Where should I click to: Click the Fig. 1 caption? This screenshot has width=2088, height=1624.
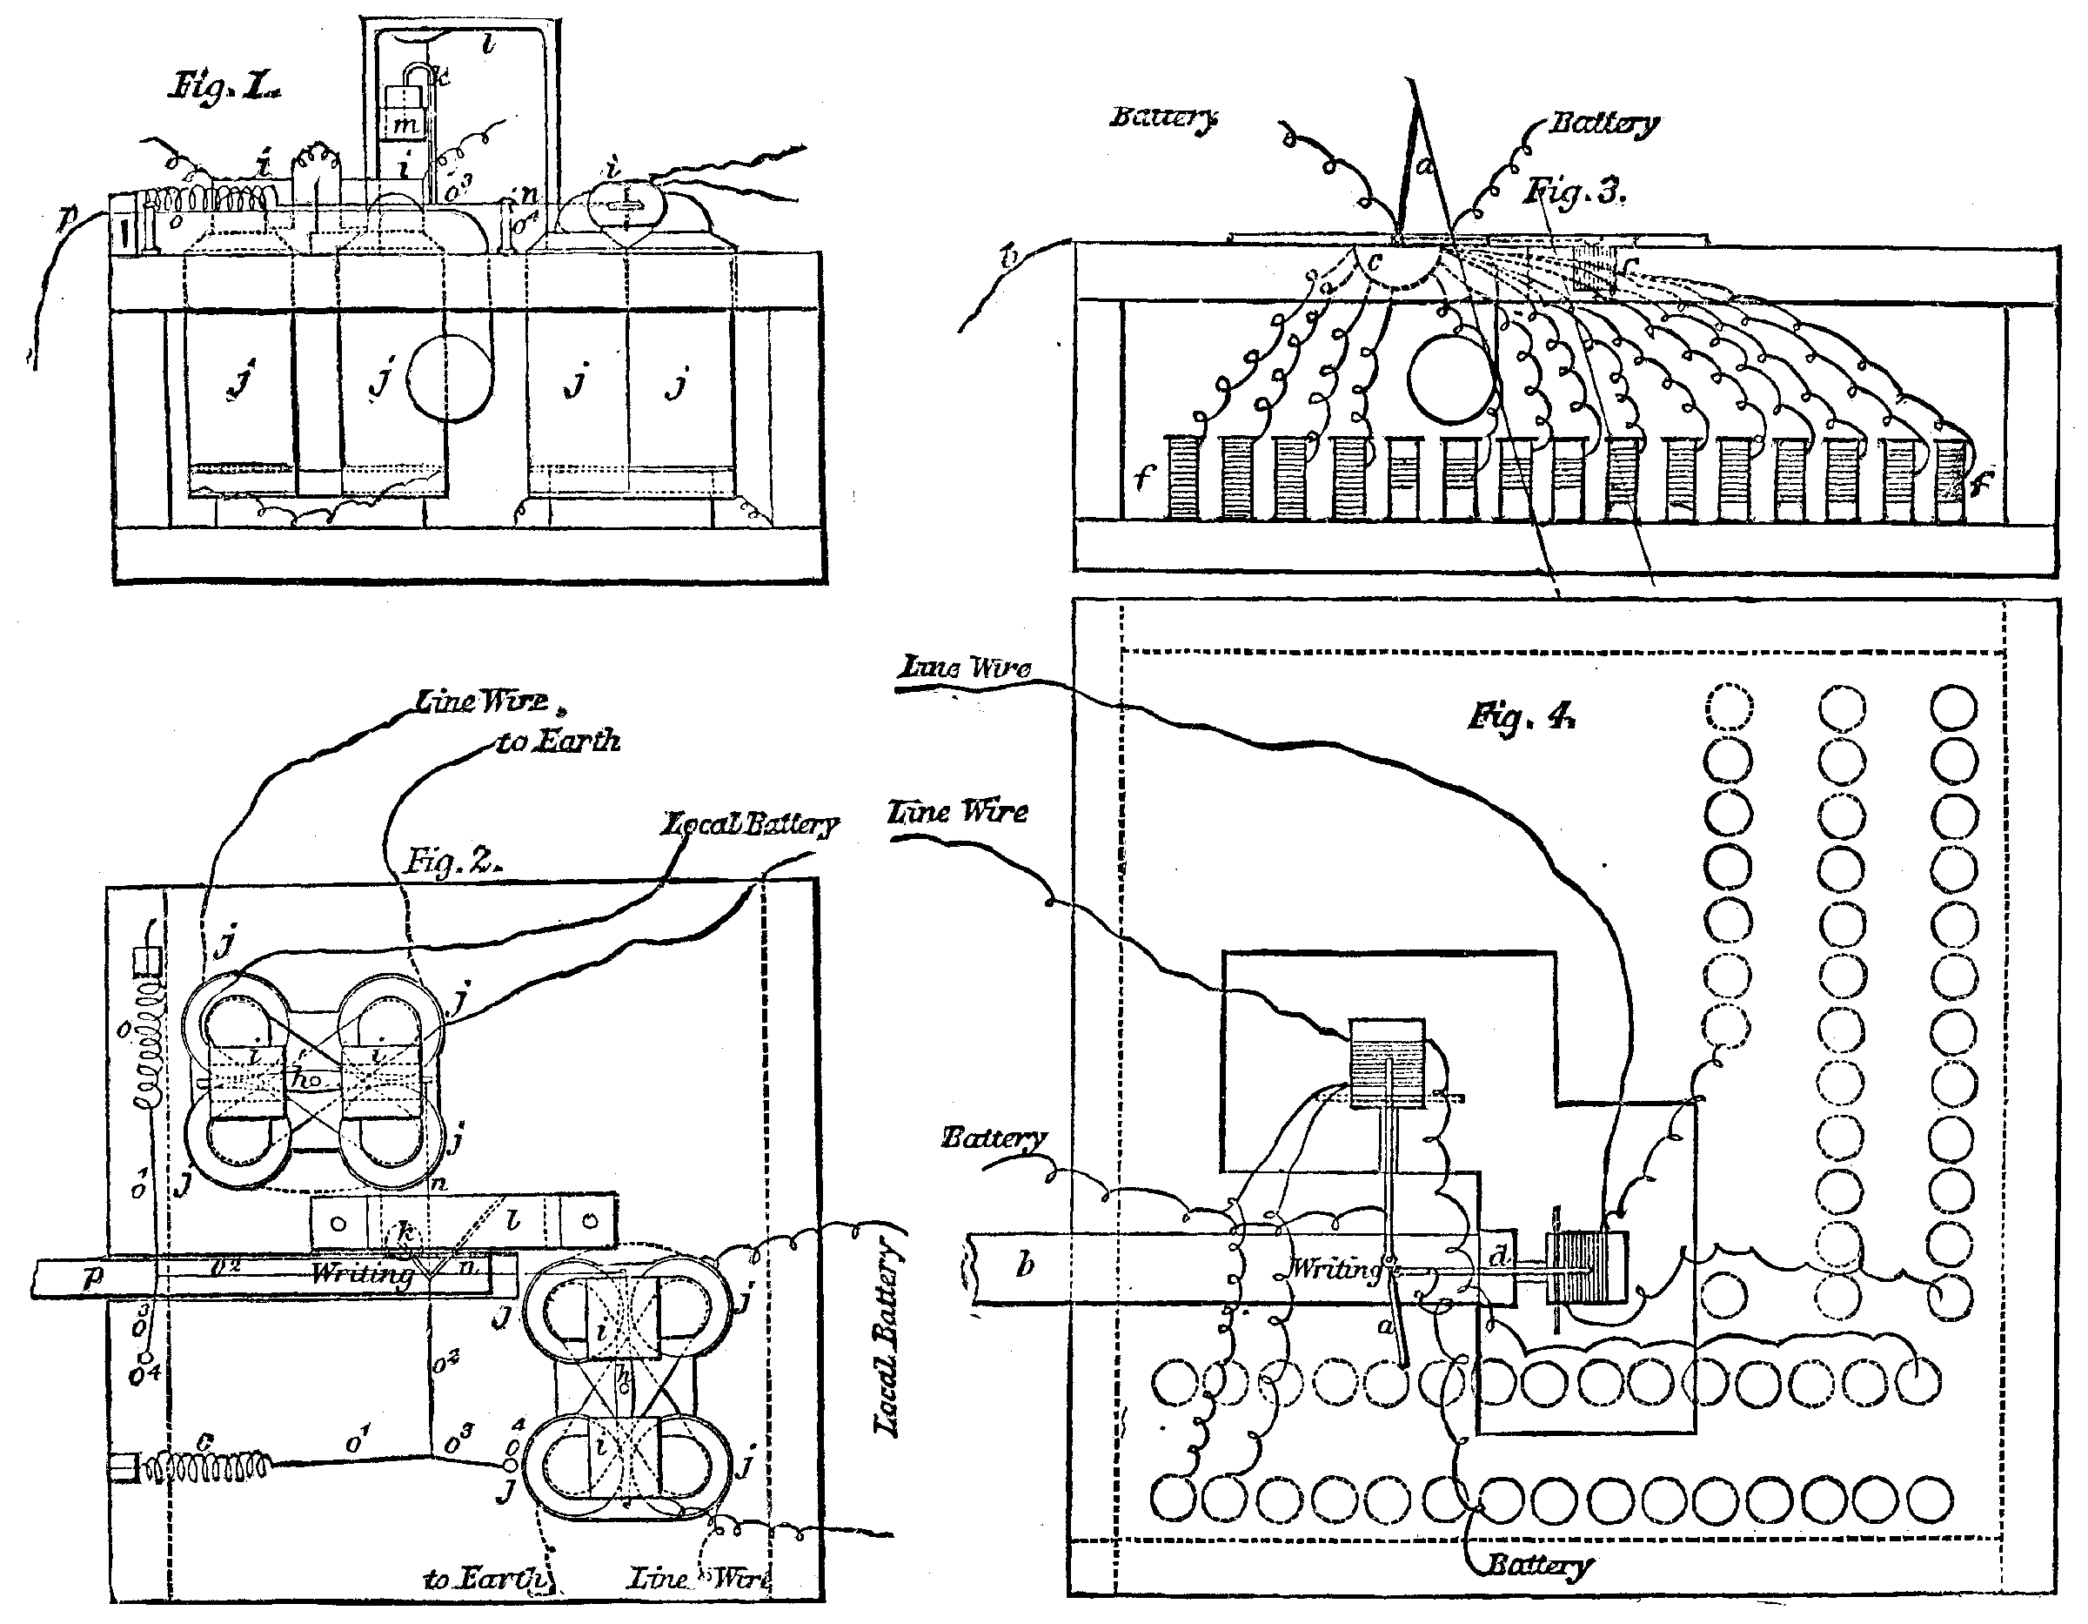225,89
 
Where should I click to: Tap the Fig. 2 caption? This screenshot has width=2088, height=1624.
452,862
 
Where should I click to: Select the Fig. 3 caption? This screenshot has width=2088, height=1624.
1574,192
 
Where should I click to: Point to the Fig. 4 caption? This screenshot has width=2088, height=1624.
1522,716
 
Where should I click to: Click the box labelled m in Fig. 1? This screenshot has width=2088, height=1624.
405,124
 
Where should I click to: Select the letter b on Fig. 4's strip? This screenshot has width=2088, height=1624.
1025,1265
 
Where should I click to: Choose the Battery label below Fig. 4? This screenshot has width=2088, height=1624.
1538,1565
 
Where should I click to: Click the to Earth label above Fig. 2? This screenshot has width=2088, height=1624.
559,741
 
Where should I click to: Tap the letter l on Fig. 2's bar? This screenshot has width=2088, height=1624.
513,1219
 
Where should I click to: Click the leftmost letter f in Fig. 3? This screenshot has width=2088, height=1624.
1144,476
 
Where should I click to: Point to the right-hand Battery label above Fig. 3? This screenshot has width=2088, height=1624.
1604,124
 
